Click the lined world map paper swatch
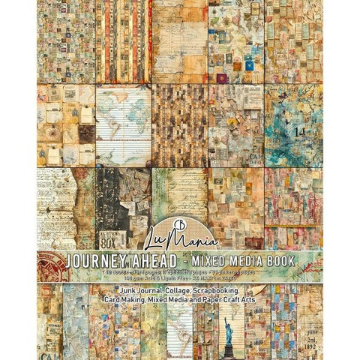point(122,124)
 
